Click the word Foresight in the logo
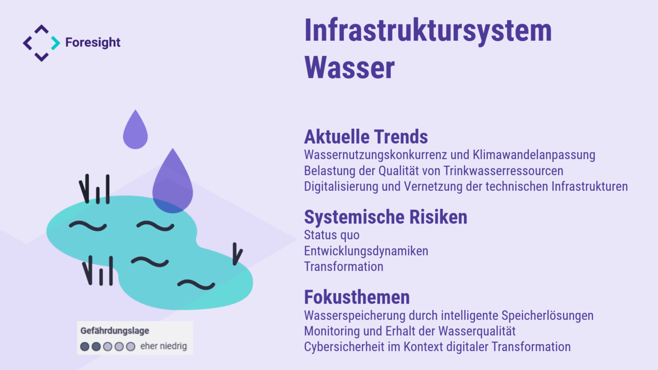coord(93,43)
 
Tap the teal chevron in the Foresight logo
coord(55,43)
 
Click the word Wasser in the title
coord(350,67)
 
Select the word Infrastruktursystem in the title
coord(428,31)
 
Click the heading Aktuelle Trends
coord(366,137)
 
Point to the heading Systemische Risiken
coord(385,217)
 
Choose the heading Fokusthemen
coord(357,297)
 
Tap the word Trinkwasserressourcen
coord(503,171)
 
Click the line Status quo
coord(332,235)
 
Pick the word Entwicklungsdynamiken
coord(366,252)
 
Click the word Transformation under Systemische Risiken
coord(344,267)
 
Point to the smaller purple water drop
coord(135,132)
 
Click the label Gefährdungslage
coord(115,331)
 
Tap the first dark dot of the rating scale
coord(84,346)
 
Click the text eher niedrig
coord(163,346)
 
